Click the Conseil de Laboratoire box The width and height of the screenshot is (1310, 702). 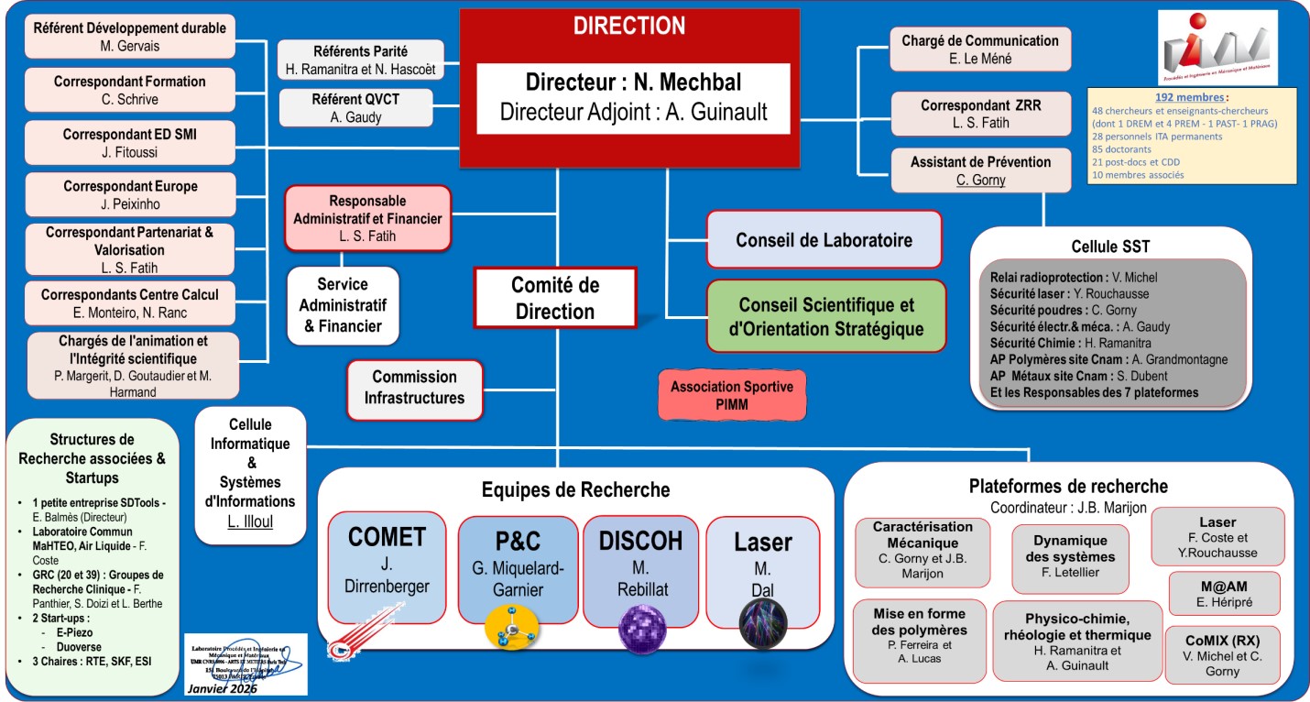824,240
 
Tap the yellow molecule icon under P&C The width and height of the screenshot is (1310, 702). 512,631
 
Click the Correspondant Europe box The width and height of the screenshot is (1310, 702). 130,195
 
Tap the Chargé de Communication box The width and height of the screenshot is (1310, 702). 979,49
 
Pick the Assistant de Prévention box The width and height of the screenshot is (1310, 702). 980,170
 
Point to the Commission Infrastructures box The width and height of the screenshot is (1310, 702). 414,388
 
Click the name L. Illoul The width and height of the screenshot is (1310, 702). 251,522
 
